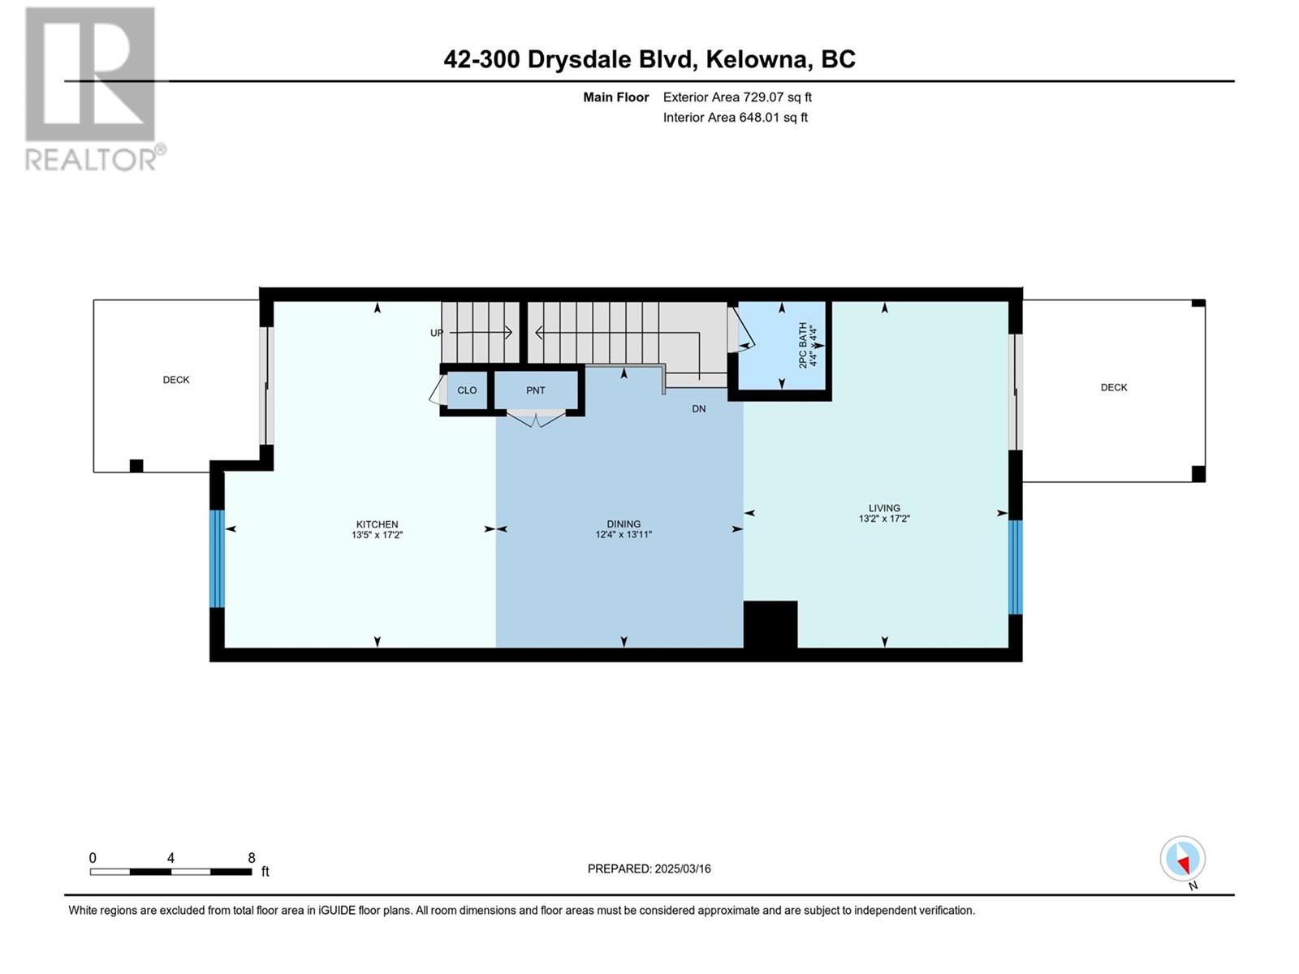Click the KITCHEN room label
377,524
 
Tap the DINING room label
624,524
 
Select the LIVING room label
884,507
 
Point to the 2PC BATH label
802,346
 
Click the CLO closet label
467,390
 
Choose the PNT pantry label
536,390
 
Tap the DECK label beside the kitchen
176,380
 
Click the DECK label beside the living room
1114,387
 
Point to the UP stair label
436,333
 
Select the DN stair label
699,408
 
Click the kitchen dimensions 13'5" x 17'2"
377,535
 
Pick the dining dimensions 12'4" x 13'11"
624,534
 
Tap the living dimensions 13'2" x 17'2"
884,518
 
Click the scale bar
171,872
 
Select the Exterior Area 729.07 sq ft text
737,97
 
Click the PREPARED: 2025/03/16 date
649,868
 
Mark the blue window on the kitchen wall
218,558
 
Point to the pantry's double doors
536,419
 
